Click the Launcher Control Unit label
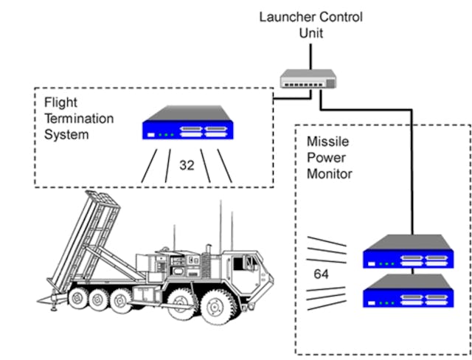(x=310, y=24)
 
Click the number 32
(x=187, y=166)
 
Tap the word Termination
(x=72, y=120)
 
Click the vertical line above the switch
(x=310, y=54)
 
